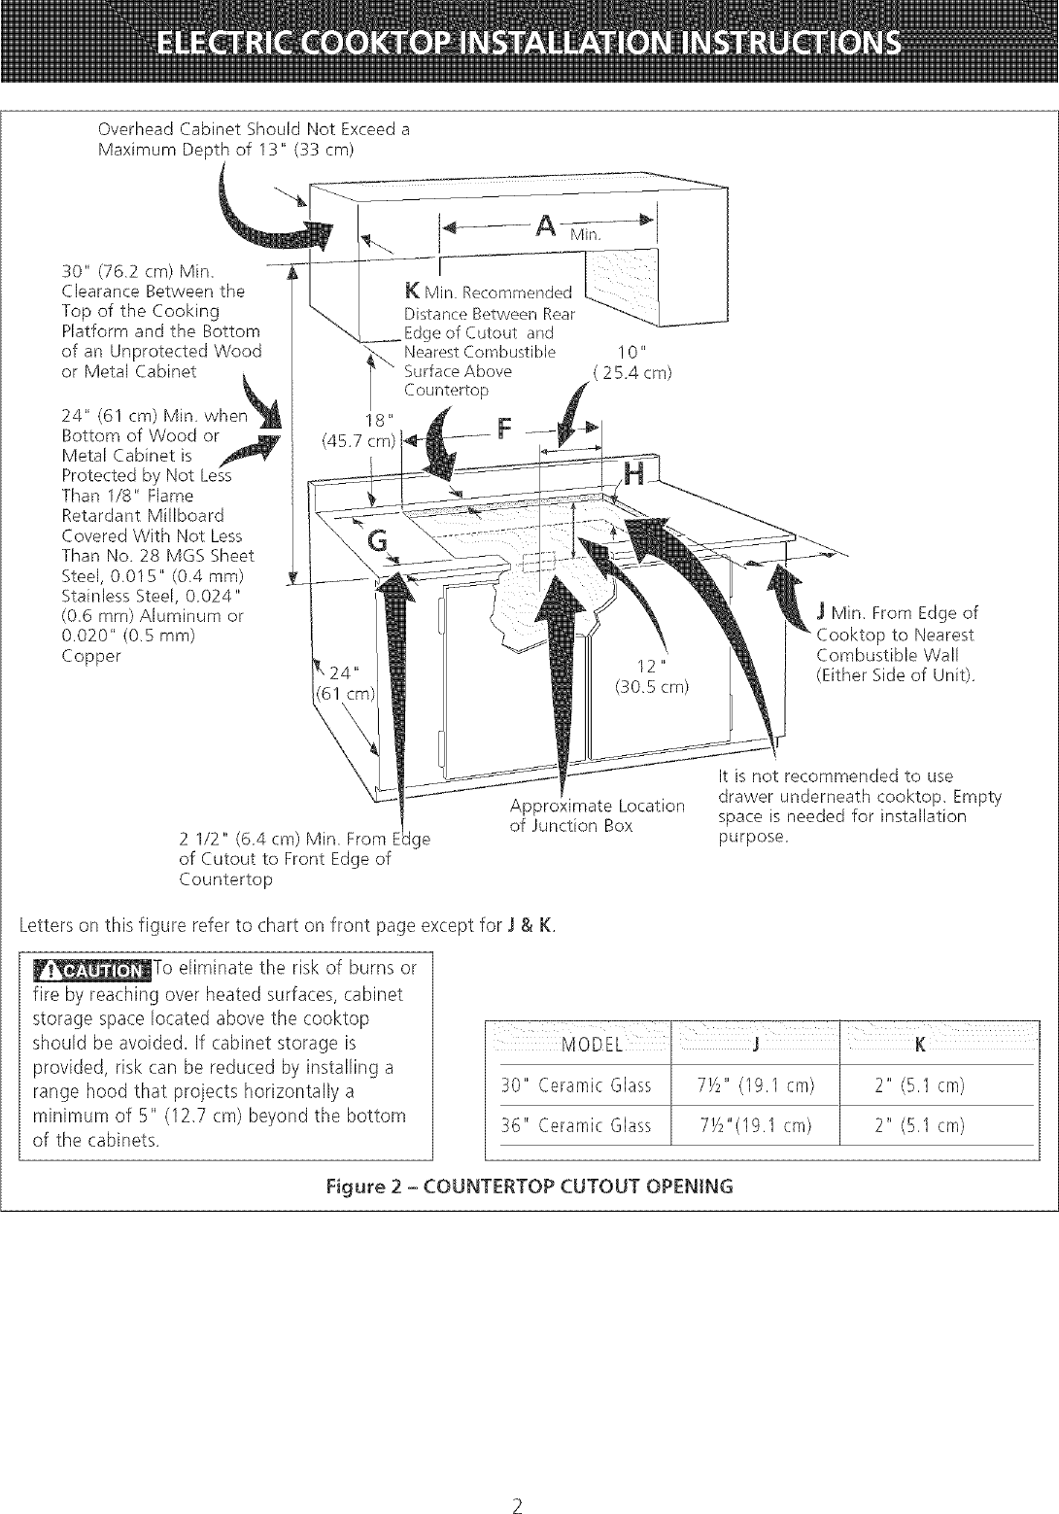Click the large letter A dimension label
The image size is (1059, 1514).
(x=546, y=226)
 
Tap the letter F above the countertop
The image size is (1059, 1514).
(x=504, y=430)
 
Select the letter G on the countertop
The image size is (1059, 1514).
(x=377, y=544)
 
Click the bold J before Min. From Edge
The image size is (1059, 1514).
(x=822, y=612)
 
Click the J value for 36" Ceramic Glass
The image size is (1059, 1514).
(x=754, y=1125)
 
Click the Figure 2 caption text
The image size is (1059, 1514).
(x=529, y=1187)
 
